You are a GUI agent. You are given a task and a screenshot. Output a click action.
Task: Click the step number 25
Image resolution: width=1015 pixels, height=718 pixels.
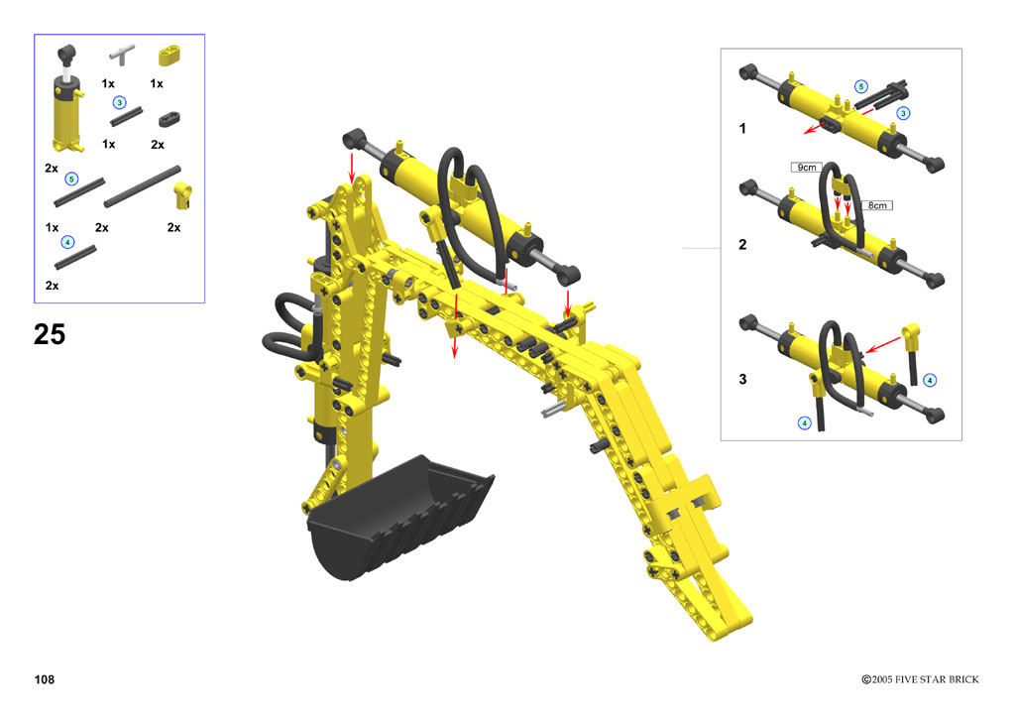pyautogui.click(x=50, y=335)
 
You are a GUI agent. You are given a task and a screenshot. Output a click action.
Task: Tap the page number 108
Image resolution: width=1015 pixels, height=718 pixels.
pyautogui.click(x=45, y=679)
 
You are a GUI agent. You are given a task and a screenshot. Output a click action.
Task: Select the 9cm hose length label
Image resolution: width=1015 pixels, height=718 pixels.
pyautogui.click(x=807, y=167)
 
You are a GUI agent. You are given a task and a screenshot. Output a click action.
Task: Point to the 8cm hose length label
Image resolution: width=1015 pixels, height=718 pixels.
pyautogui.click(x=877, y=205)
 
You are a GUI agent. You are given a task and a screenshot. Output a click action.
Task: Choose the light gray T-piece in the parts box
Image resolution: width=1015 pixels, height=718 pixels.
pyautogui.click(x=122, y=55)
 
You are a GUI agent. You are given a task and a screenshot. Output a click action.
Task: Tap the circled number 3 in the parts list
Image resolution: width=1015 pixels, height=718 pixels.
pyautogui.click(x=119, y=103)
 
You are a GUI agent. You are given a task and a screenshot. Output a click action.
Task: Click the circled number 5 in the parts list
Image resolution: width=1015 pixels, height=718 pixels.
pyautogui.click(x=71, y=179)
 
